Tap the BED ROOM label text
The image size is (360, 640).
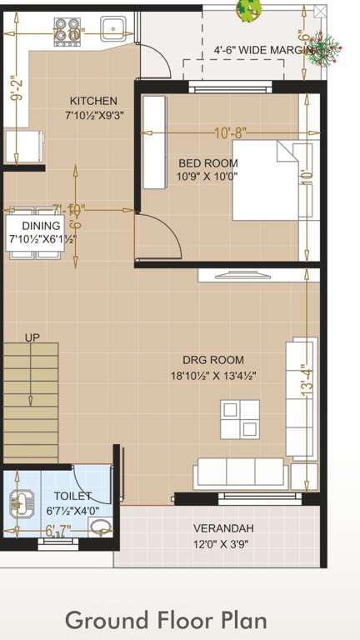click(207, 163)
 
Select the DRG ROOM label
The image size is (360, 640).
click(215, 360)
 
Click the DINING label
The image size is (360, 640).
click(41, 226)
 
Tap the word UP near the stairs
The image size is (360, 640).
click(32, 337)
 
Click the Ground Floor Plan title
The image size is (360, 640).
click(166, 621)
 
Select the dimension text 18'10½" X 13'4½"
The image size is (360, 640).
click(212, 376)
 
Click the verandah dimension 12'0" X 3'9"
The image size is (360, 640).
click(222, 545)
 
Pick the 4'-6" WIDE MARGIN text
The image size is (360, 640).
click(262, 49)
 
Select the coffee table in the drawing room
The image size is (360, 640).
click(239, 419)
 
